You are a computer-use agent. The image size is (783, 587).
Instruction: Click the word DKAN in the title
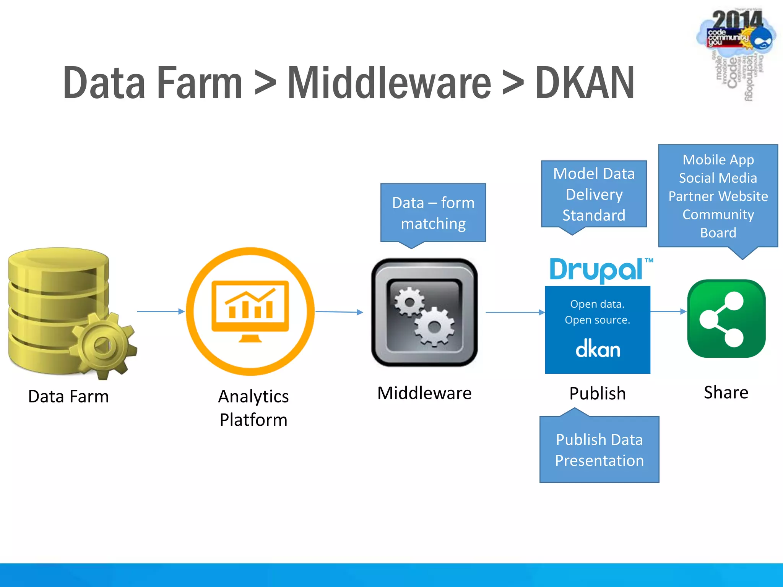[x=585, y=83]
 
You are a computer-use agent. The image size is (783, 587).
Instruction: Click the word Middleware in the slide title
[x=389, y=83]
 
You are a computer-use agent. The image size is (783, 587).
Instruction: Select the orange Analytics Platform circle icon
[x=250, y=311]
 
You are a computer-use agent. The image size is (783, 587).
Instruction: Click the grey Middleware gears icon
[x=424, y=312]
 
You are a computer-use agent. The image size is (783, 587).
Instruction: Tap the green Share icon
[x=726, y=318]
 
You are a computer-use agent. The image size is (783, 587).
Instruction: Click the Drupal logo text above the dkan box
[x=596, y=270]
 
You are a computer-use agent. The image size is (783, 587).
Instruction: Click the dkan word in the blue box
[x=598, y=349]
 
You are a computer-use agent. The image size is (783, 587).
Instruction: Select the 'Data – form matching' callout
[x=433, y=213]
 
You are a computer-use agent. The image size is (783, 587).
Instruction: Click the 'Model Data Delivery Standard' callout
[x=594, y=194]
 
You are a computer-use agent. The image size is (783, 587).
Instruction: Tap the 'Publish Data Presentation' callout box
[x=599, y=450]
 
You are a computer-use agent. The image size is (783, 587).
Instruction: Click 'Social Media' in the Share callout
[x=718, y=178]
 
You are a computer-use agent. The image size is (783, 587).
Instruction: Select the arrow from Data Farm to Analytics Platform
[x=161, y=311]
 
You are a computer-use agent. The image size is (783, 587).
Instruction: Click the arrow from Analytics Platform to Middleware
[x=339, y=312]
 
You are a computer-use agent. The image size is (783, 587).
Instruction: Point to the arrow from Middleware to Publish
[x=515, y=312]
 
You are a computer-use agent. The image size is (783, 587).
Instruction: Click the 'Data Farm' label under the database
[x=68, y=396]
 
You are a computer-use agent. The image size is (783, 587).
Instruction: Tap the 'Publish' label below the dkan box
[x=597, y=393]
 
